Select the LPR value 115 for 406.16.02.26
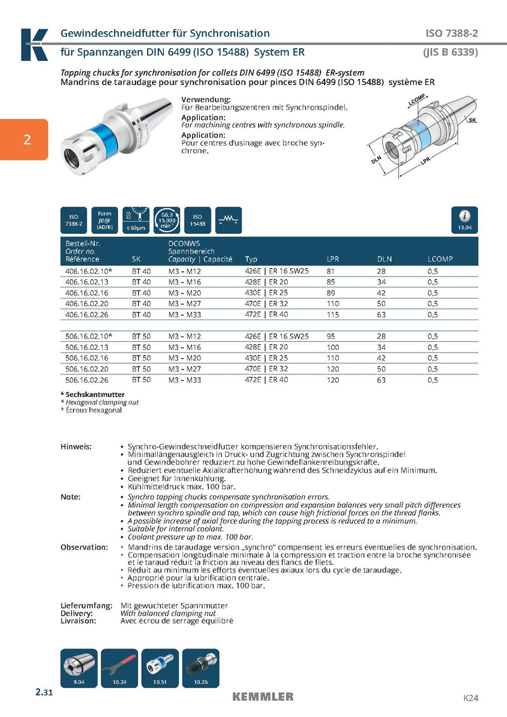point(333,314)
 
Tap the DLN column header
point(384,259)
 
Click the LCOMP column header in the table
point(440,259)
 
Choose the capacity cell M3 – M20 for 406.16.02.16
point(184,292)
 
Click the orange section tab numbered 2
point(25,139)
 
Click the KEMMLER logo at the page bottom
point(262,697)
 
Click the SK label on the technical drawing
point(472,120)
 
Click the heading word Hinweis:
point(75,447)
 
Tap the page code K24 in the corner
point(470,698)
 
